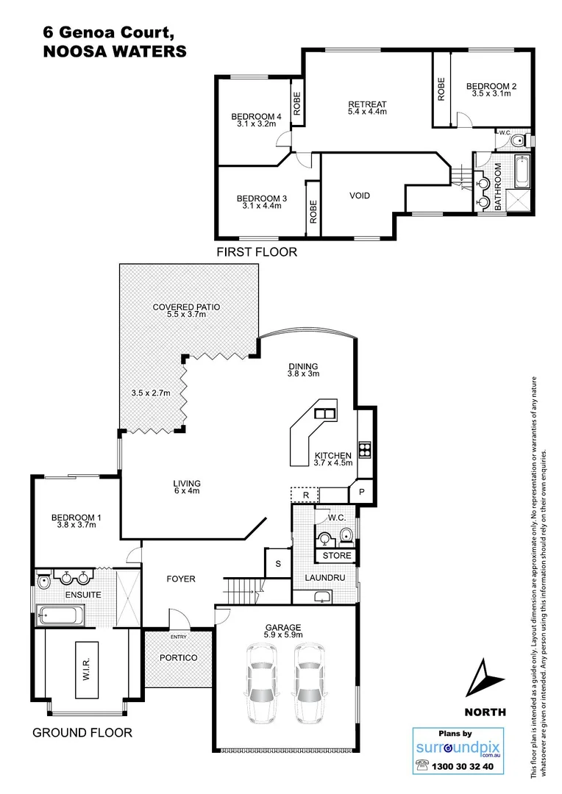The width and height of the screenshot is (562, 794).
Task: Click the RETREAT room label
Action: [367, 104]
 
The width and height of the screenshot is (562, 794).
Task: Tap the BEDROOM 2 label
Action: [491, 87]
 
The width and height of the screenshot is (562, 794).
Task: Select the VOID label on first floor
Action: [360, 196]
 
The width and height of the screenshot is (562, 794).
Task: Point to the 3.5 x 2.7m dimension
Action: [152, 393]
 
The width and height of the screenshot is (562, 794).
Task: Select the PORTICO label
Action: [179, 657]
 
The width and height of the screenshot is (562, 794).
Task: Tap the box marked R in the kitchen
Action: [305, 495]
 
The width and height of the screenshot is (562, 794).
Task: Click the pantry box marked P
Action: [362, 493]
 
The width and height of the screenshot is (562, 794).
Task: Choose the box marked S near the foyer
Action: [277, 563]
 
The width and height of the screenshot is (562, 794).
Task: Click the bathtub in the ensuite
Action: [60, 614]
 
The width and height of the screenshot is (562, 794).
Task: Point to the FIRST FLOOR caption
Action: [256, 252]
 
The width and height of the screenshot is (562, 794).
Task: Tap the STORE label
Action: [337, 555]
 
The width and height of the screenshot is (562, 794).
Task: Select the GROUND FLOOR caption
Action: [82, 732]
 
